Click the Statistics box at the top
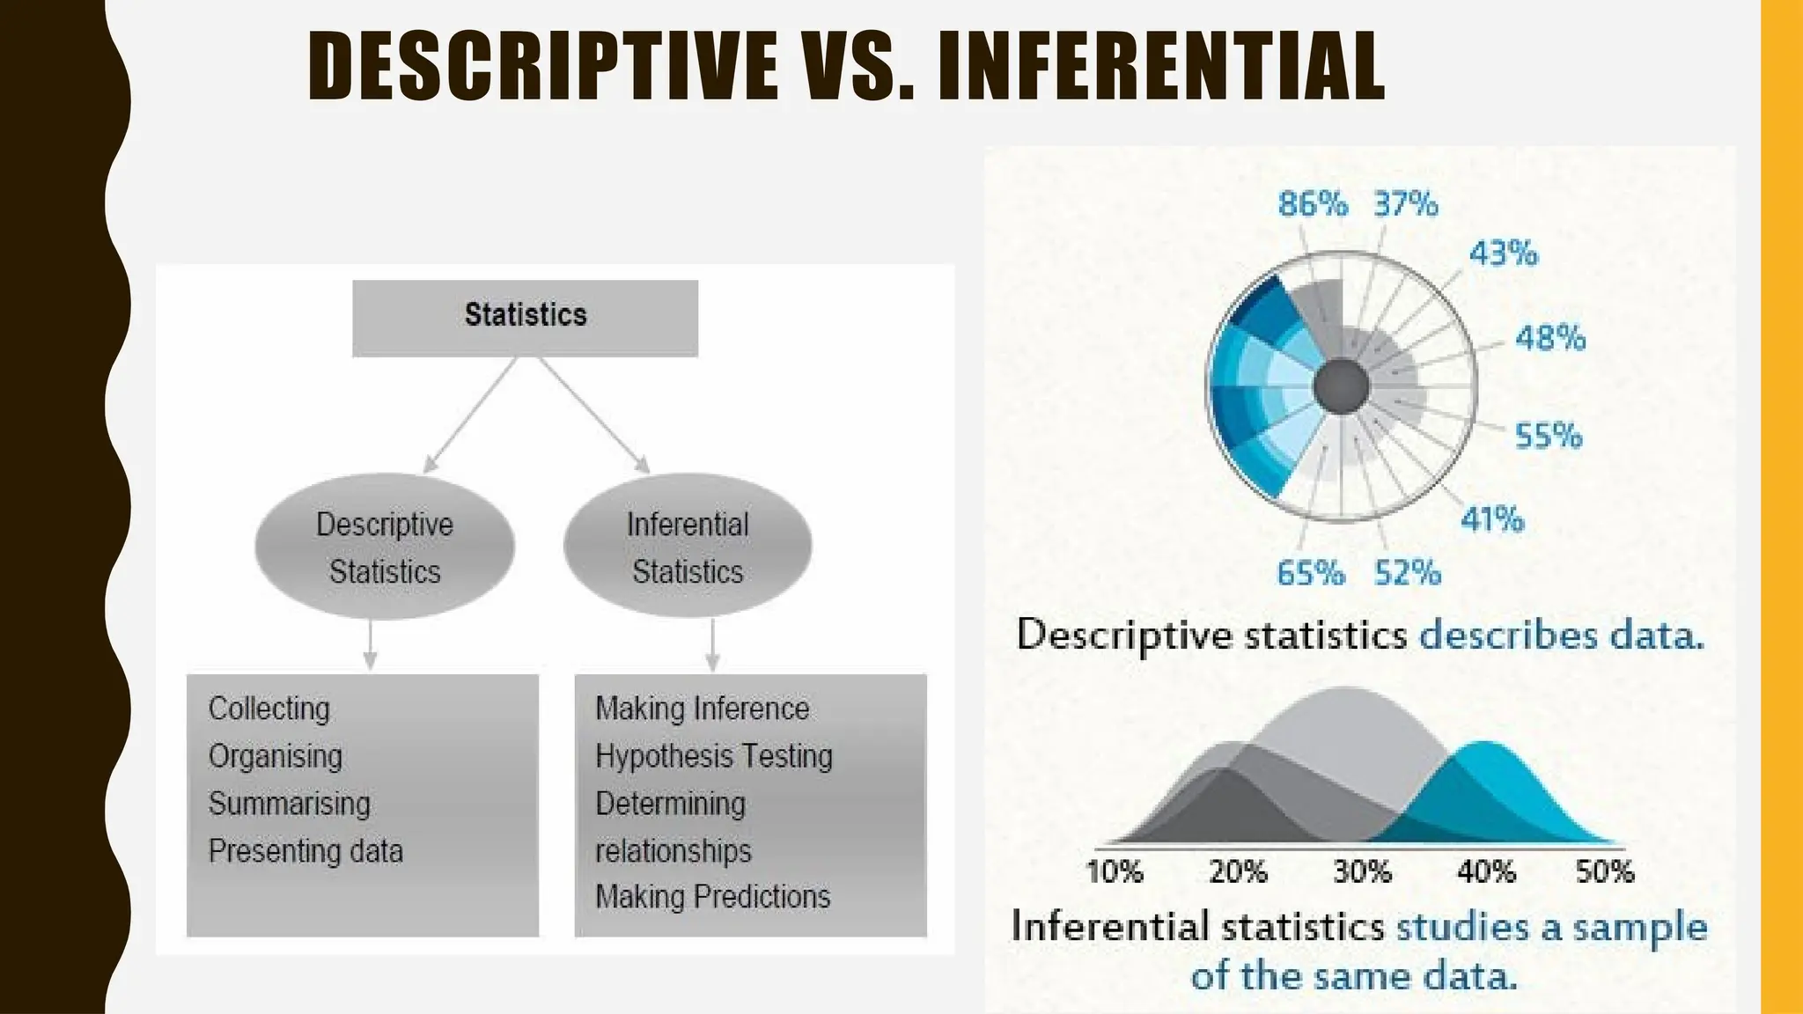point(525,317)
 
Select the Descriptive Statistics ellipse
point(385,547)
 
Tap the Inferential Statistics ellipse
point(688,547)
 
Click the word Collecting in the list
point(269,709)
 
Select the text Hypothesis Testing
point(714,756)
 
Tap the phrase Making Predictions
point(713,897)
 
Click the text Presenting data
point(305,851)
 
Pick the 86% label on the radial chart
point(1312,204)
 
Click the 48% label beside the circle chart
point(1549,338)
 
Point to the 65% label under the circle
point(1310,574)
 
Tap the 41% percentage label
point(1491,519)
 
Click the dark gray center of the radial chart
point(1341,387)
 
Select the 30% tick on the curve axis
point(1362,871)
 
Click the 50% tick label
point(1604,871)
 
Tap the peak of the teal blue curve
point(1486,746)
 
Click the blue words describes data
point(1561,636)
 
